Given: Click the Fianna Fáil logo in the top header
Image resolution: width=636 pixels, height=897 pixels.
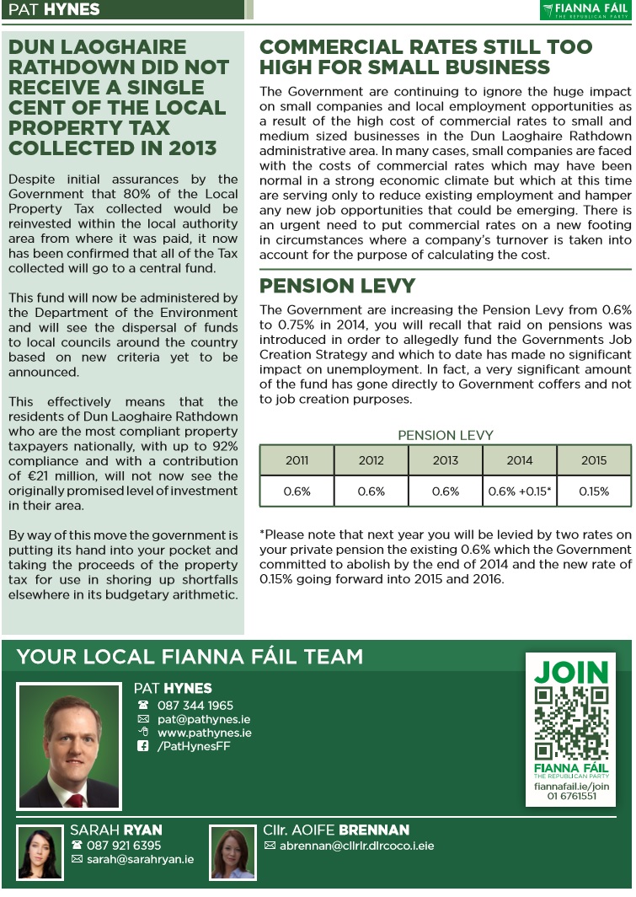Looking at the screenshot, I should click(585, 10).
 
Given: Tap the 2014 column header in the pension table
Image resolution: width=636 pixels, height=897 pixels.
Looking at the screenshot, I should click(520, 460).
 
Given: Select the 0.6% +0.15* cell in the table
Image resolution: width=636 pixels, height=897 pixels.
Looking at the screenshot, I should click(520, 491).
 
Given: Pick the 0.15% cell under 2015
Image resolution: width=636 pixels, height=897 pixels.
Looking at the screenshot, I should click(594, 491).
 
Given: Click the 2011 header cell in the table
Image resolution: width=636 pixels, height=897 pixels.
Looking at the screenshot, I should click(297, 460).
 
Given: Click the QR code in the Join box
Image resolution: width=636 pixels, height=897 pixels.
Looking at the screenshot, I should click(571, 722).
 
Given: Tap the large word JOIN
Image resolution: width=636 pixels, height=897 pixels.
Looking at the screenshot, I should click(571, 673).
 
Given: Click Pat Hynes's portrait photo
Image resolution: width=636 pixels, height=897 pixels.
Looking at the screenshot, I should click(70, 746).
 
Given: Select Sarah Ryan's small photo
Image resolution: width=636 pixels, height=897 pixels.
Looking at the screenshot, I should click(40, 853).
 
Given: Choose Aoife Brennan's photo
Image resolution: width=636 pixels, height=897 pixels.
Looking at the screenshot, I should click(232, 853).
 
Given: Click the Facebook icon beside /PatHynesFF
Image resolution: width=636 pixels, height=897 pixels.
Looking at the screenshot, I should click(143, 746).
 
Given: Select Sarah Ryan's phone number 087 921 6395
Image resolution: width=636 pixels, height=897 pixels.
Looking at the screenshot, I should click(124, 845).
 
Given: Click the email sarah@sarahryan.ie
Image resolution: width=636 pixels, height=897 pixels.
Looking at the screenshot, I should click(140, 859).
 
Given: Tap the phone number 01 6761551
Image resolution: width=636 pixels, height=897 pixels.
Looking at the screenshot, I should click(571, 796).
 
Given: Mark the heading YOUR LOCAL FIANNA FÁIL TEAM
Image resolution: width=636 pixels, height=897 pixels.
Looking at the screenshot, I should click(190, 657).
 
